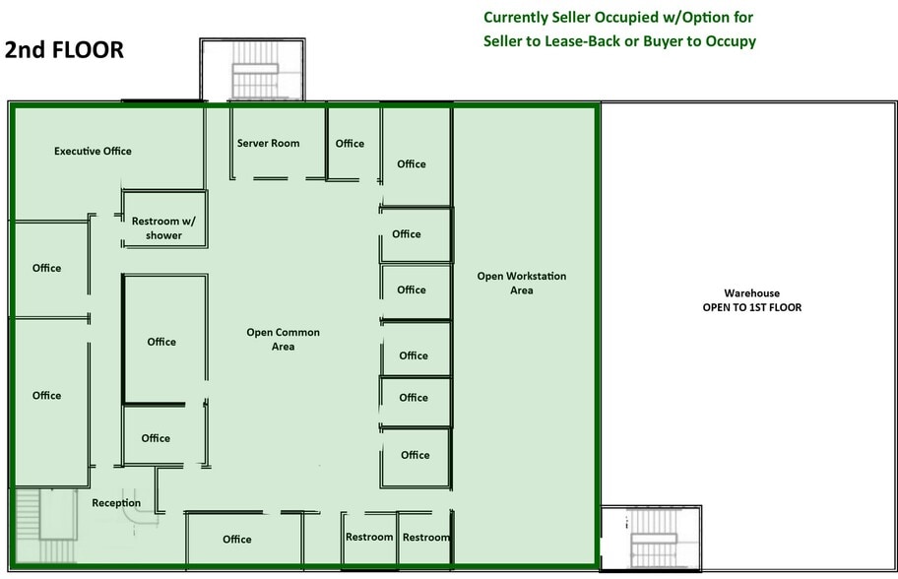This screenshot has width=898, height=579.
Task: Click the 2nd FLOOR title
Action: pos(65,50)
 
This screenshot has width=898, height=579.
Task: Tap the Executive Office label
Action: pos(93,151)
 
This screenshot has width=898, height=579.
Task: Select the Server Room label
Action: pos(268,143)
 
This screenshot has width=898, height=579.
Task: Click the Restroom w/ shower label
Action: pos(163,228)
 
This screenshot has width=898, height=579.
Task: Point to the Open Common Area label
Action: pos(283,340)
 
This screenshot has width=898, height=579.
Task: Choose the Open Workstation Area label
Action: pos(521,283)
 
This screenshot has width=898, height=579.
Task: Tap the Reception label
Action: pos(116,503)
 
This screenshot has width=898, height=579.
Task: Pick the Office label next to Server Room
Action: pos(350,143)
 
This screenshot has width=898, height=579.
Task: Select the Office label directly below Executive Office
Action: pos(46,268)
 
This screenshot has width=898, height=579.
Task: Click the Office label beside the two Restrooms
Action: pos(236,539)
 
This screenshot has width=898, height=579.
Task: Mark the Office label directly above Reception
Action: pos(156,438)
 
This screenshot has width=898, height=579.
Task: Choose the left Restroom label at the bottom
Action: pos(369,537)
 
